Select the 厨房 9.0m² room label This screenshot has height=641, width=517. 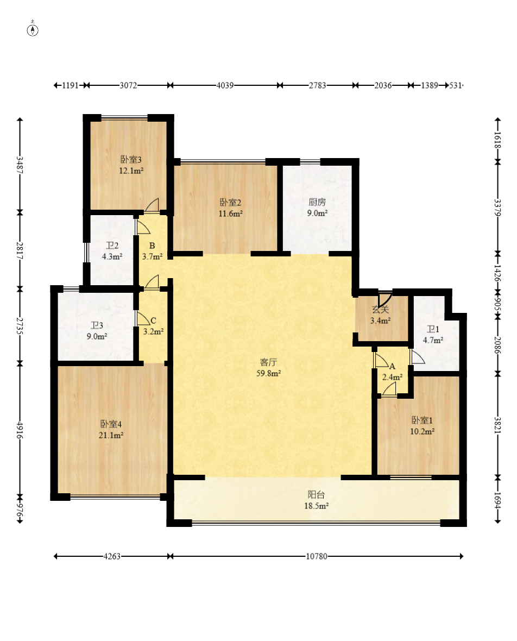[317, 208]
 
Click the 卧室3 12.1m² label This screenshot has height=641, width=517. [131, 165]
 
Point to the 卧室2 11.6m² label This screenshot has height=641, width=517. [230, 208]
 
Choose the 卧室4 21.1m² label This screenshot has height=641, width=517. [112, 429]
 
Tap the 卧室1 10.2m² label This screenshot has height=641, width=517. [422, 426]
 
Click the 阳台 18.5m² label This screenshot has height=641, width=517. [317, 500]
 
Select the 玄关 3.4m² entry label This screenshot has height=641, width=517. [380, 316]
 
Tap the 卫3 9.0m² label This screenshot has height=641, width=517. [97, 331]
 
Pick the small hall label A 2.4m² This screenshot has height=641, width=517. [392, 372]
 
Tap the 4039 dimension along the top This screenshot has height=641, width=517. [225, 85]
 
